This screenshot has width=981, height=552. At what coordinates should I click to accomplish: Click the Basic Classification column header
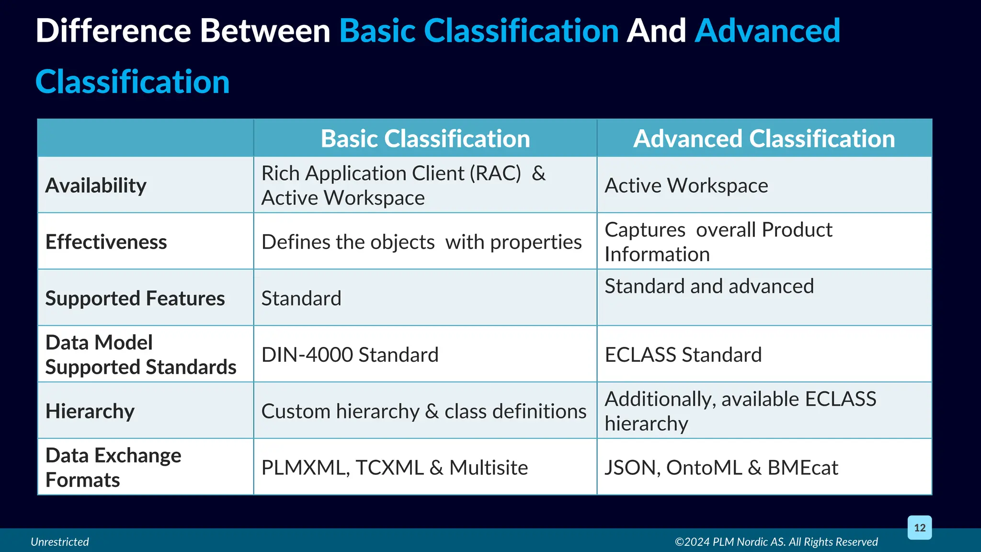click(x=425, y=138)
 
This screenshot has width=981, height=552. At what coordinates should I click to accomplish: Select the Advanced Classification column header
click(x=764, y=138)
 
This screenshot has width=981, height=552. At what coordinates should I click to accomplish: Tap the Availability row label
click(x=96, y=185)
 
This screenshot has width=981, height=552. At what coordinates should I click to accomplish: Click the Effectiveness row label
click(x=106, y=242)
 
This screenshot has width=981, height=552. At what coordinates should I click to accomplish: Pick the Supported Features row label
click(x=135, y=298)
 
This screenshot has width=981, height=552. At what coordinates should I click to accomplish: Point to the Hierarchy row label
click(x=90, y=411)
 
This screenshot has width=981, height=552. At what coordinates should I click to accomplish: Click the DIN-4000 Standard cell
click(x=350, y=355)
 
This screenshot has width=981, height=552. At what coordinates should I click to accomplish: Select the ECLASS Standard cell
click(x=683, y=355)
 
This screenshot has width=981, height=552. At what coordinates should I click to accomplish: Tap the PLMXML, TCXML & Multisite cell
click(x=394, y=467)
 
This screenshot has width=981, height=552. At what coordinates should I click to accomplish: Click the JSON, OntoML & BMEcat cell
click(x=721, y=467)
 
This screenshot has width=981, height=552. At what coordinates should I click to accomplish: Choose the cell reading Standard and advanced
click(x=709, y=286)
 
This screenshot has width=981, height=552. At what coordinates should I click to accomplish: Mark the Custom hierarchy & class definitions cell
click(x=423, y=411)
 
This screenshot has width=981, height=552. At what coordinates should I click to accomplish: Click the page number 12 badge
click(x=920, y=528)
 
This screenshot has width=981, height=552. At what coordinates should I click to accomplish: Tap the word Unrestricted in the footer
click(x=60, y=541)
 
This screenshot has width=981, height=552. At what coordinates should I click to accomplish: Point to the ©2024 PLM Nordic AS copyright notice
click(x=776, y=541)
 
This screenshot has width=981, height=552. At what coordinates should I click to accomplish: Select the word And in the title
click(x=656, y=31)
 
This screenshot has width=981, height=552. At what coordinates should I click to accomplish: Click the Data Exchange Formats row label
click(x=113, y=467)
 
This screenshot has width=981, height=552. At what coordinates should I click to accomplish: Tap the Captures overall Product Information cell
click(x=719, y=242)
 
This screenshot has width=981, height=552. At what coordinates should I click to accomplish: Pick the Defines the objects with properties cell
click(x=422, y=242)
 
